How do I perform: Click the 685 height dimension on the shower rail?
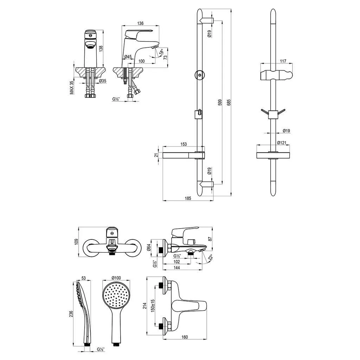pyautogui.click(x=229, y=102)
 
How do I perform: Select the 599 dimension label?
pyautogui.click(x=220, y=102)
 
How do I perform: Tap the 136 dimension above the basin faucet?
pyautogui.click(x=140, y=23)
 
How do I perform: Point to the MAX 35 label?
pyautogui.click(x=72, y=88)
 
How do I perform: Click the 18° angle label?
pyautogui.click(x=162, y=52)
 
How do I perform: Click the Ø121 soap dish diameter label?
pyautogui.click(x=282, y=143)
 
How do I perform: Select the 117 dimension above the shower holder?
pyautogui.click(x=283, y=61)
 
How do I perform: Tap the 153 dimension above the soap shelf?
pyautogui.click(x=184, y=144)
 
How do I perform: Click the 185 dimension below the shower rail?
pyautogui.click(x=188, y=198)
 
